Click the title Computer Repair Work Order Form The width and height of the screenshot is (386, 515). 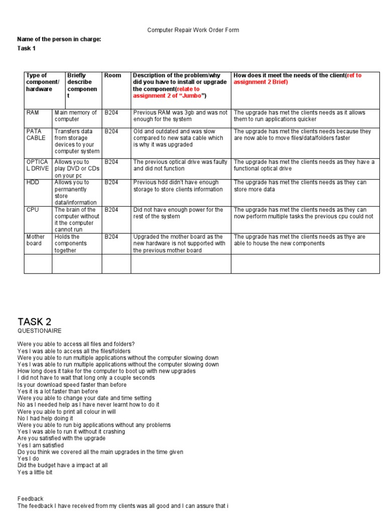(x=193, y=30)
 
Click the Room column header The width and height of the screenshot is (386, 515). (x=113, y=75)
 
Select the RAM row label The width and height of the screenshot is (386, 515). (x=32, y=113)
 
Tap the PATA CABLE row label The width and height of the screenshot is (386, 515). (x=36, y=134)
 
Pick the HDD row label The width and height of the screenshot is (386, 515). (x=32, y=183)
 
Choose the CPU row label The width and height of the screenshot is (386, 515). (x=32, y=210)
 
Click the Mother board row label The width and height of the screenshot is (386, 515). (x=35, y=240)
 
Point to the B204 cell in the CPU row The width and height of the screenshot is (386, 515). (x=112, y=210)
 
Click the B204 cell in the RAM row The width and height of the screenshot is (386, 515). (x=112, y=113)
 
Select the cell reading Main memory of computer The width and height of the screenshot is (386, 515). (x=75, y=116)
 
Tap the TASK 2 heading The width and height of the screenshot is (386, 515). (x=34, y=322)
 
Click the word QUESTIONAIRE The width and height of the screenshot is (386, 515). (x=40, y=331)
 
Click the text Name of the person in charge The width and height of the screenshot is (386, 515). (x=59, y=39)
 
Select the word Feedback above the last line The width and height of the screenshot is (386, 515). (x=31, y=499)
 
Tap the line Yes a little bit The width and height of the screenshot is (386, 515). (x=35, y=472)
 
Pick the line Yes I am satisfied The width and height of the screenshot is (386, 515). (x=40, y=445)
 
